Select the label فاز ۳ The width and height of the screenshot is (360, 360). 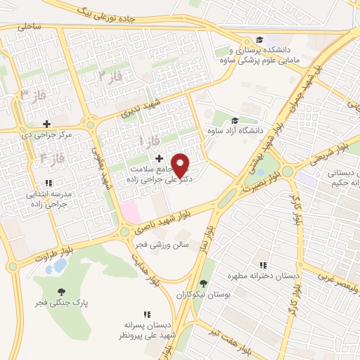[x=32, y=94]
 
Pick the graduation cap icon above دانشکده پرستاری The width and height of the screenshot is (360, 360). [x=259, y=39]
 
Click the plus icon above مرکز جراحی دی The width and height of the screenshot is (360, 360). [x=46, y=123]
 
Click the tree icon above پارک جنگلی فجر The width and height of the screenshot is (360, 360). [x=62, y=291]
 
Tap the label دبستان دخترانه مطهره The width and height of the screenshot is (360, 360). [x=267, y=276]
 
